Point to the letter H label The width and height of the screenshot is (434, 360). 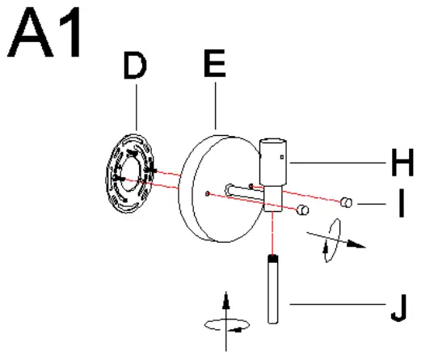click(402, 163)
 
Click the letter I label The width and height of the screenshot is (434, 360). click(402, 208)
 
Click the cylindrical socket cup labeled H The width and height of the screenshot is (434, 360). click(273, 161)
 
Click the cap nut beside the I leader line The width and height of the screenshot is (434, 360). click(347, 201)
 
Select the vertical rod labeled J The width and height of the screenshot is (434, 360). click(273, 291)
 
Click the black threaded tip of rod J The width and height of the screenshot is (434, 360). click(273, 259)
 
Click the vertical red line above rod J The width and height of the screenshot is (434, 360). click(273, 235)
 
